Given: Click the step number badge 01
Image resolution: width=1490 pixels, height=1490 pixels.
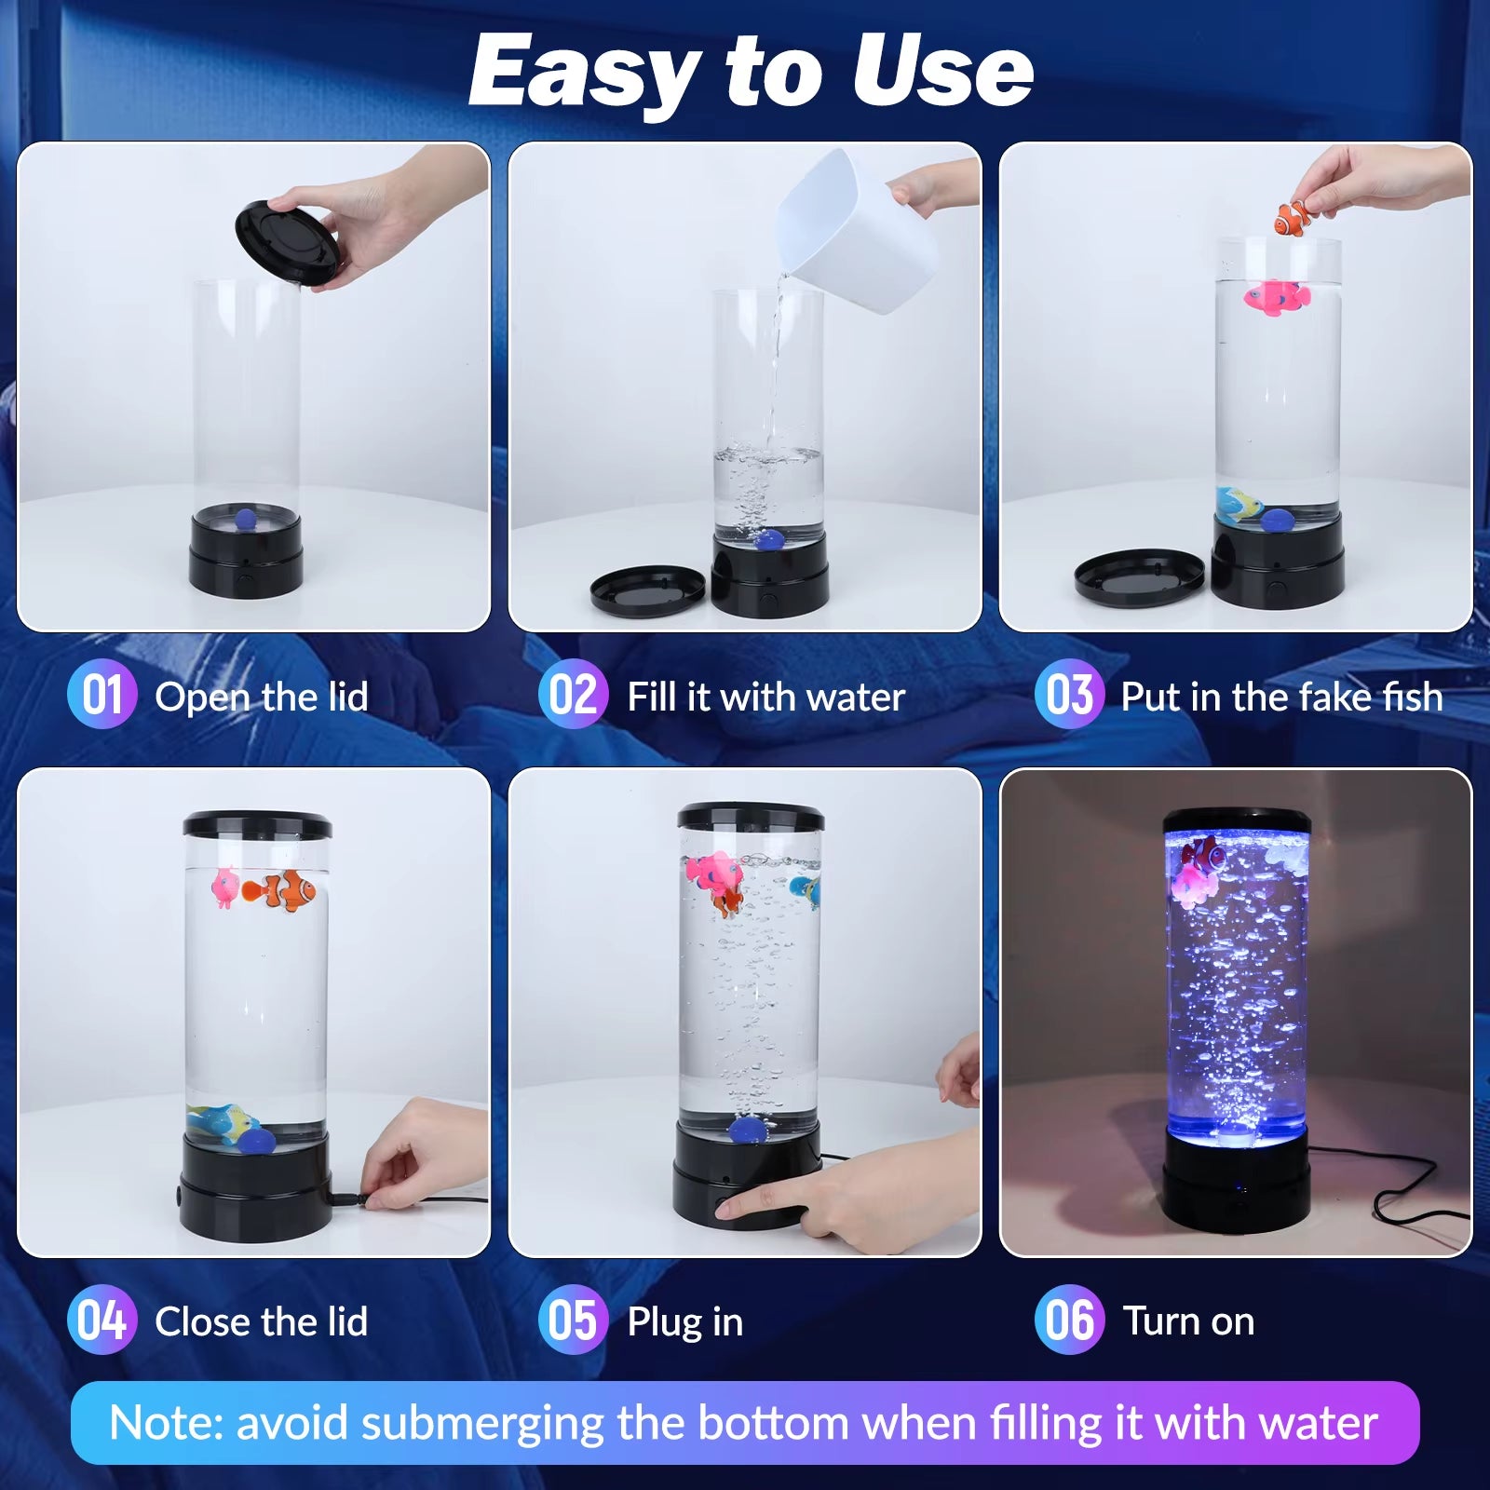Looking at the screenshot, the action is click(102, 695).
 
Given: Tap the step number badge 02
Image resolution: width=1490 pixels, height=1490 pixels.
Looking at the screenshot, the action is click(574, 695).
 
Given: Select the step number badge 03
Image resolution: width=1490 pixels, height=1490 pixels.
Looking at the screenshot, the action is click(1070, 695).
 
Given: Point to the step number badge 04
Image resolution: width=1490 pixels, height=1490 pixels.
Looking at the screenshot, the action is click(102, 1320).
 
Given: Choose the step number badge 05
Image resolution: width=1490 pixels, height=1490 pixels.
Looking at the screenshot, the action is click(574, 1320).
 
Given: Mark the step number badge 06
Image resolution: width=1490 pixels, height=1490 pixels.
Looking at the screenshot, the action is click(1070, 1320).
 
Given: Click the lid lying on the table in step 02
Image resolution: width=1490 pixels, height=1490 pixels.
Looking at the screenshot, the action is click(648, 589).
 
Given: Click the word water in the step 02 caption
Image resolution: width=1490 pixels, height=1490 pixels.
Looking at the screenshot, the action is click(856, 698).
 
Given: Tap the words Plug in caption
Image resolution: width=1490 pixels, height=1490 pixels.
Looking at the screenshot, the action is click(685, 1323).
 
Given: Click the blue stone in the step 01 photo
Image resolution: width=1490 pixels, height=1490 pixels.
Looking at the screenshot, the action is click(244, 519).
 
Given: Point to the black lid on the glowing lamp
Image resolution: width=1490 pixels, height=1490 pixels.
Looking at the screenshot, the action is click(1237, 820).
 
